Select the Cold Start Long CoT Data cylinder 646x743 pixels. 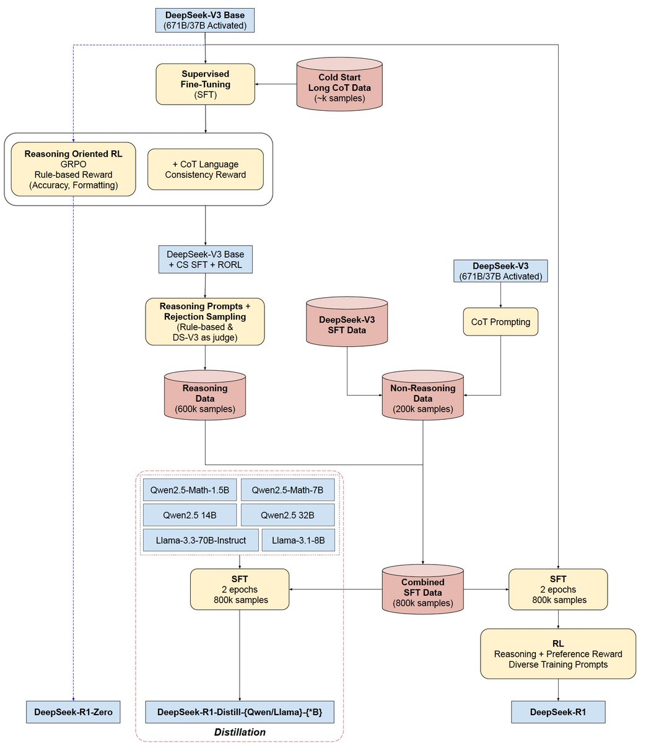click(x=339, y=87)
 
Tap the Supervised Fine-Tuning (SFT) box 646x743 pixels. click(x=206, y=84)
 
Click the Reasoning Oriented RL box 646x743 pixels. click(x=73, y=169)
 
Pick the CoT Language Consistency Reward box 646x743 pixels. click(x=205, y=169)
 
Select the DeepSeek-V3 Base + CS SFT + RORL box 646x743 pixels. click(x=205, y=259)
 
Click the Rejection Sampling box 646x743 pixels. click(x=205, y=321)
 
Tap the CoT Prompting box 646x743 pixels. click(x=500, y=322)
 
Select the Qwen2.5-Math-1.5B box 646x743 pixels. click(x=190, y=490)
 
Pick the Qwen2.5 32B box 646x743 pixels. click(x=287, y=515)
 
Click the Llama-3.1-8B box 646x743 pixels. click(x=299, y=540)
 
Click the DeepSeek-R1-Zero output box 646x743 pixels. click(x=73, y=712)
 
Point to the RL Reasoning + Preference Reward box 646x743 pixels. click(x=558, y=654)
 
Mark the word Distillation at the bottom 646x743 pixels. click(x=240, y=732)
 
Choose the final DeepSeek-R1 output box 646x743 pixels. click(x=558, y=712)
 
